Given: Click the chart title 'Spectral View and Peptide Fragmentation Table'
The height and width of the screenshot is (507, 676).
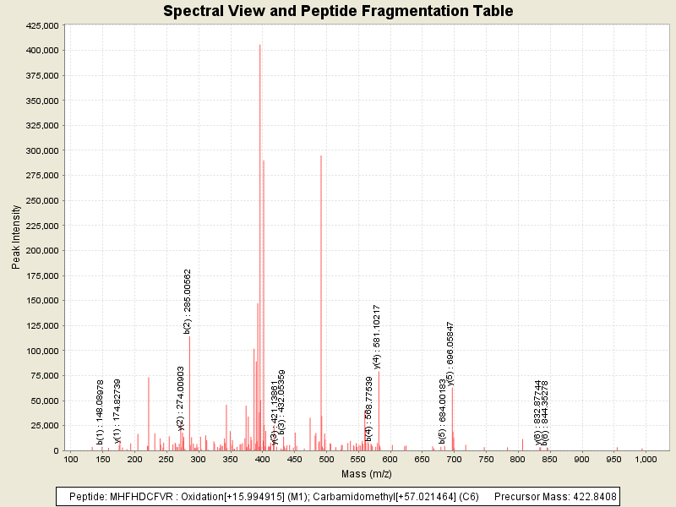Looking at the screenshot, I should [338, 12].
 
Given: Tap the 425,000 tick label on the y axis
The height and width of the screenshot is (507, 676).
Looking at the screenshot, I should [41, 26].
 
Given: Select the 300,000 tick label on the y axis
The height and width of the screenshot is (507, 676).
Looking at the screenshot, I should [41, 151].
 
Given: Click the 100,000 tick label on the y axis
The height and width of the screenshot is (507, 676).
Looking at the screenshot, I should [41, 351].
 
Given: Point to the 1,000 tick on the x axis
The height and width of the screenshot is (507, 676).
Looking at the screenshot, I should [646, 459].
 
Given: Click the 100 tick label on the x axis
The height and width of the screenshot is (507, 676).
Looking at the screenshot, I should [72, 459].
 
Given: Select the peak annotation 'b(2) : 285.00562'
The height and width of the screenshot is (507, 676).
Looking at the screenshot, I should [188, 301].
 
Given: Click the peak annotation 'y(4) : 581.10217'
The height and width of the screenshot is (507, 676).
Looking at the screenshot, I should [377, 336].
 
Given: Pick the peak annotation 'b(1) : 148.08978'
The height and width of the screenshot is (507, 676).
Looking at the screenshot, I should [101, 412].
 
